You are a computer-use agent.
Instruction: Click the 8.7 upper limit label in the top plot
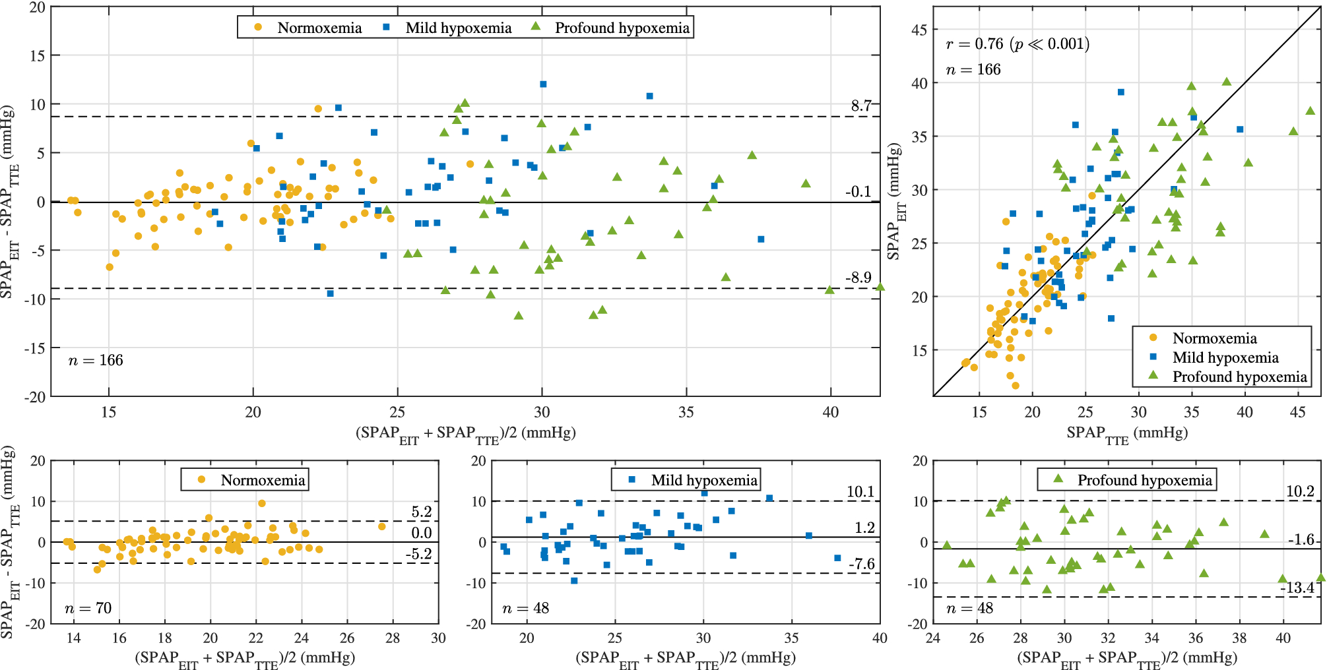(860, 106)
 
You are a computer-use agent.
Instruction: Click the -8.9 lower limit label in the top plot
(858, 278)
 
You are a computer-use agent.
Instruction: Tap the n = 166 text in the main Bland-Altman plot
(96, 360)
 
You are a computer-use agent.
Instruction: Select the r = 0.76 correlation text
(1017, 44)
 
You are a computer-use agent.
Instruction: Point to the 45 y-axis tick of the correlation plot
(919, 30)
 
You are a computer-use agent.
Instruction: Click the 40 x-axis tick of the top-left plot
(830, 412)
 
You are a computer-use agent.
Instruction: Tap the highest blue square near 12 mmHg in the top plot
(543, 84)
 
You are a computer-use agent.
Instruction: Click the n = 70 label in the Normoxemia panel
(88, 607)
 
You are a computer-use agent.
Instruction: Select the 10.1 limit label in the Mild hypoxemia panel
(860, 491)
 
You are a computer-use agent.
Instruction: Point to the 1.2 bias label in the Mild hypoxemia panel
(864, 528)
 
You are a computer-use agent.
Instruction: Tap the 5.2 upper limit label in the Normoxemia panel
(421, 512)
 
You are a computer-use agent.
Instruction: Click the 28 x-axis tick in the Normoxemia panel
(393, 638)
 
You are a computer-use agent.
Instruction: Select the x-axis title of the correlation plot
(1126, 433)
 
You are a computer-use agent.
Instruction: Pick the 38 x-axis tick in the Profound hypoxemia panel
(1239, 638)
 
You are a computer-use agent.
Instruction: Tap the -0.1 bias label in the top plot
(858, 192)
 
